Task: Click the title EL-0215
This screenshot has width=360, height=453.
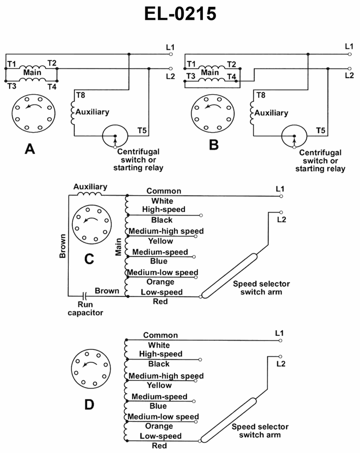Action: (180, 15)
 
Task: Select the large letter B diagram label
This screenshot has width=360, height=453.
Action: (214, 145)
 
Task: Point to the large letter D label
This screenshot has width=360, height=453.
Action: (89, 405)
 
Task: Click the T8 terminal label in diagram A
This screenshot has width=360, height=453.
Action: (81, 95)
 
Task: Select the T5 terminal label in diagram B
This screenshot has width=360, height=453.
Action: (321, 131)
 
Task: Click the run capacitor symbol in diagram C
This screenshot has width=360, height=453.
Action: (82, 296)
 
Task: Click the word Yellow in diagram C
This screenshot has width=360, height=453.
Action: (160, 241)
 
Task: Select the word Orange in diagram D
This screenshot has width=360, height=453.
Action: (159, 426)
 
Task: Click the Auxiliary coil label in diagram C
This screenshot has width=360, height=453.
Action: (90, 186)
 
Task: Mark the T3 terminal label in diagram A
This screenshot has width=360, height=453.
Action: (11, 86)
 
